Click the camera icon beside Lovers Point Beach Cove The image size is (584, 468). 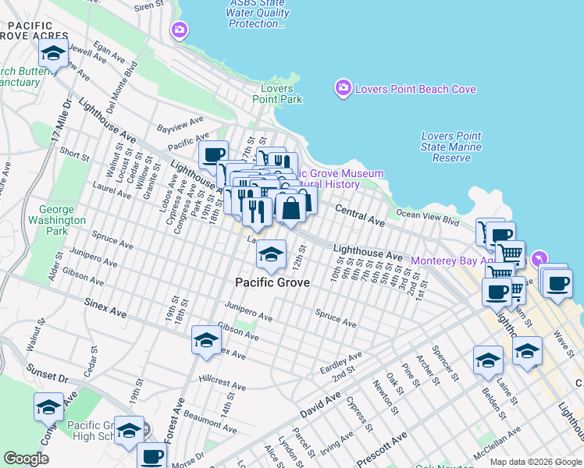pos(343,89)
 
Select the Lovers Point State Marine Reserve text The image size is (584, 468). pos(451,147)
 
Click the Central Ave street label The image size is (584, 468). pos(360,216)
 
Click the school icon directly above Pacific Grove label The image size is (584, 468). pos(271,253)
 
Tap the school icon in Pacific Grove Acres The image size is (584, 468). pos(52,54)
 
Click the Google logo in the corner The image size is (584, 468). pos(26,459)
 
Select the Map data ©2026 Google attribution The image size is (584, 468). pos(535,462)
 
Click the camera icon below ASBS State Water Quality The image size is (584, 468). pos(180,30)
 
